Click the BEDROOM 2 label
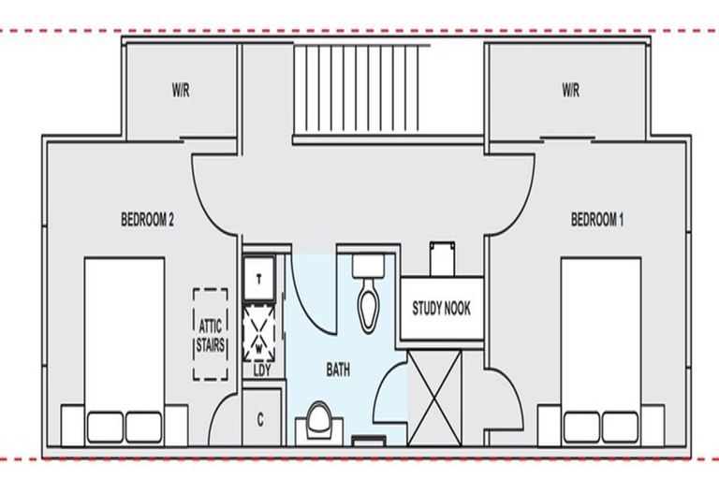[147, 219]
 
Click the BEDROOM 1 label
[597, 219]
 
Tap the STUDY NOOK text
[441, 308]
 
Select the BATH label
[338, 369]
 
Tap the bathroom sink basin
[319, 419]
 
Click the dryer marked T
[259, 278]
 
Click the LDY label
[262, 370]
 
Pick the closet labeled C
[260, 418]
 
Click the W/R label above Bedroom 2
[181, 91]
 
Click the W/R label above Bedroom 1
[570, 91]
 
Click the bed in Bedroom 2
[125, 351]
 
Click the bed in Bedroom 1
[601, 351]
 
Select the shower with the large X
[434, 397]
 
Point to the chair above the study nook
[443, 259]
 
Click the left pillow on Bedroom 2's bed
[105, 428]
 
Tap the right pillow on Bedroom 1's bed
[620, 428]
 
